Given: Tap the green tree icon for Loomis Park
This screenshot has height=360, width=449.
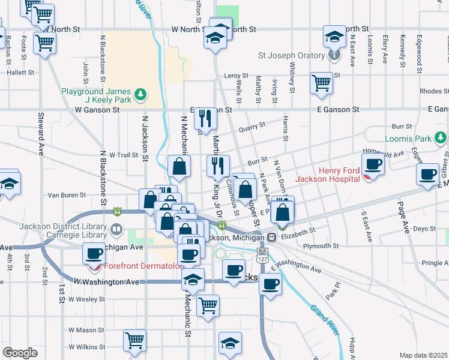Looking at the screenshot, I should coord(441,139).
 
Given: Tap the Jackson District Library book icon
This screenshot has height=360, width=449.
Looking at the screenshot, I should coord(116,229).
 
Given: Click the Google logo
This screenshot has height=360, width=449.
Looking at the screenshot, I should coord(20,353).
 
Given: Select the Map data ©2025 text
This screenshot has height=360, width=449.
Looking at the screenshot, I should coord(423,355).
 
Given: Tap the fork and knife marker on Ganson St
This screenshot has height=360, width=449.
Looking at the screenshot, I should coord(206,118).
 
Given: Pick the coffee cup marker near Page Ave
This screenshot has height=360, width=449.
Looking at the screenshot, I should coord(428,175).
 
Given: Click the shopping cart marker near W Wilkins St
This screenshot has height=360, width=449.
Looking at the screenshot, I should coord(134,340).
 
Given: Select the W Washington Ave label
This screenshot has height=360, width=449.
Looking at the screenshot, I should coord(106,281).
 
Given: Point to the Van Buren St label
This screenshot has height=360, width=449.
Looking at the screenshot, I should coord(67,195).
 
